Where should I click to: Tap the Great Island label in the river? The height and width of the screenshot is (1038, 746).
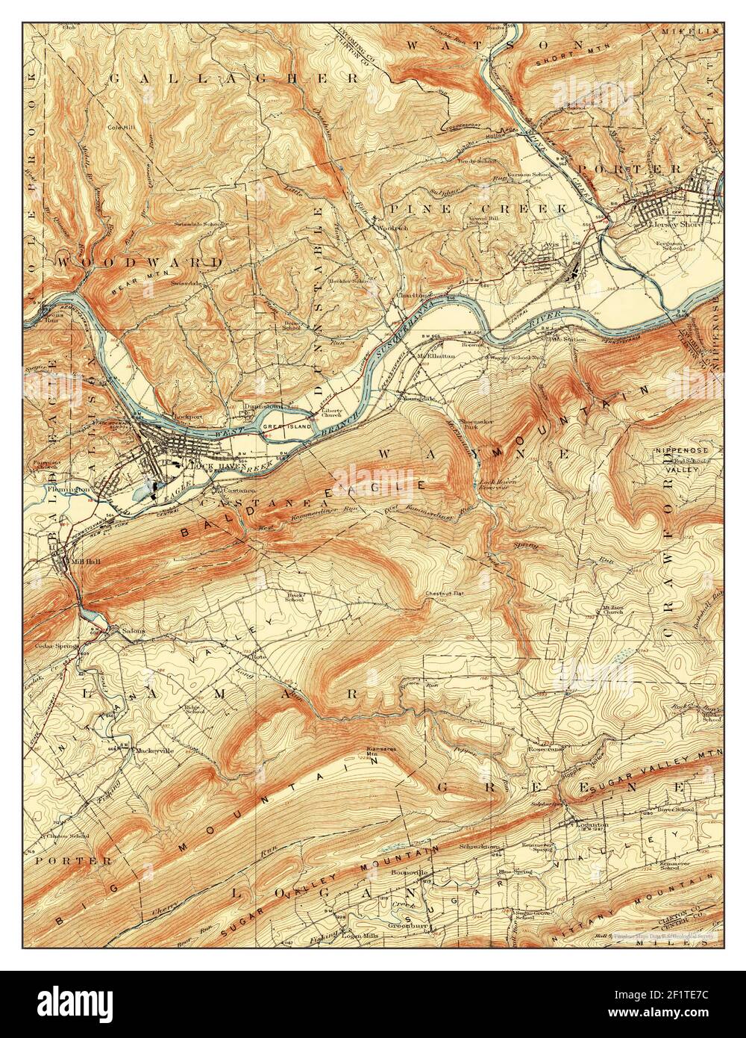point(278,427)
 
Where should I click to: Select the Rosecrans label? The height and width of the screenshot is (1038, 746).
point(549,748)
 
